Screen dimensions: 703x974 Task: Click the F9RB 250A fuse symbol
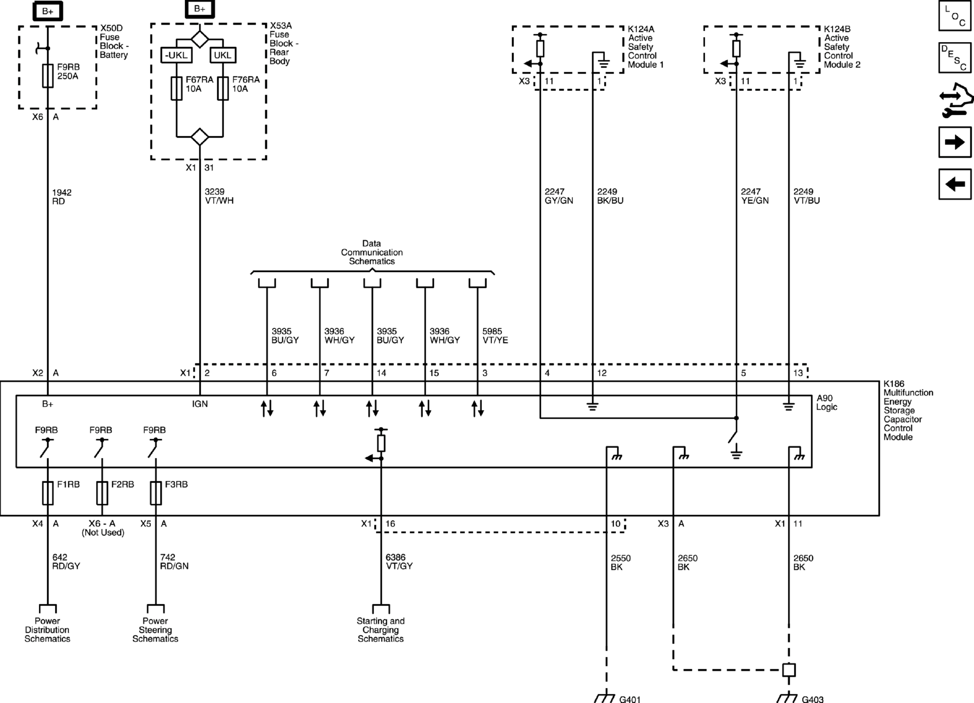click(48, 75)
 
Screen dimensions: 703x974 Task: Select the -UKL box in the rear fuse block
click(177, 55)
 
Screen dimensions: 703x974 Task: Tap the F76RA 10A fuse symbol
click(223, 88)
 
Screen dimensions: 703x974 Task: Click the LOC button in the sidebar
click(955, 16)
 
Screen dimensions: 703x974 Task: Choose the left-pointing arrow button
click(955, 184)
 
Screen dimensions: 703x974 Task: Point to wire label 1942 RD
click(61, 197)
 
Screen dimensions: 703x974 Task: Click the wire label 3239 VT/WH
click(219, 196)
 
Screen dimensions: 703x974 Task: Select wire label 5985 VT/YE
click(495, 336)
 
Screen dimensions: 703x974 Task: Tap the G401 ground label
click(630, 699)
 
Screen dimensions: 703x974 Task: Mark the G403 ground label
click(813, 699)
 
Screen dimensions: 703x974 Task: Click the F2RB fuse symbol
click(102, 493)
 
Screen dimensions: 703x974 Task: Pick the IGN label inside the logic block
click(200, 404)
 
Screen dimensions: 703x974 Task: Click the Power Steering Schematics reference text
click(155, 629)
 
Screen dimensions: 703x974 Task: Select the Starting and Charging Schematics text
click(380, 629)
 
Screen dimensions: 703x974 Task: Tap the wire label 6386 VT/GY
click(399, 561)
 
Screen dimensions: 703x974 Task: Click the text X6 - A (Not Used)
click(102, 528)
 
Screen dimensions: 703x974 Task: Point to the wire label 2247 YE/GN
click(755, 196)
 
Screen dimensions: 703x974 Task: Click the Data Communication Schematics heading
click(371, 252)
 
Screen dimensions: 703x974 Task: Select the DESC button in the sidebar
click(955, 58)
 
